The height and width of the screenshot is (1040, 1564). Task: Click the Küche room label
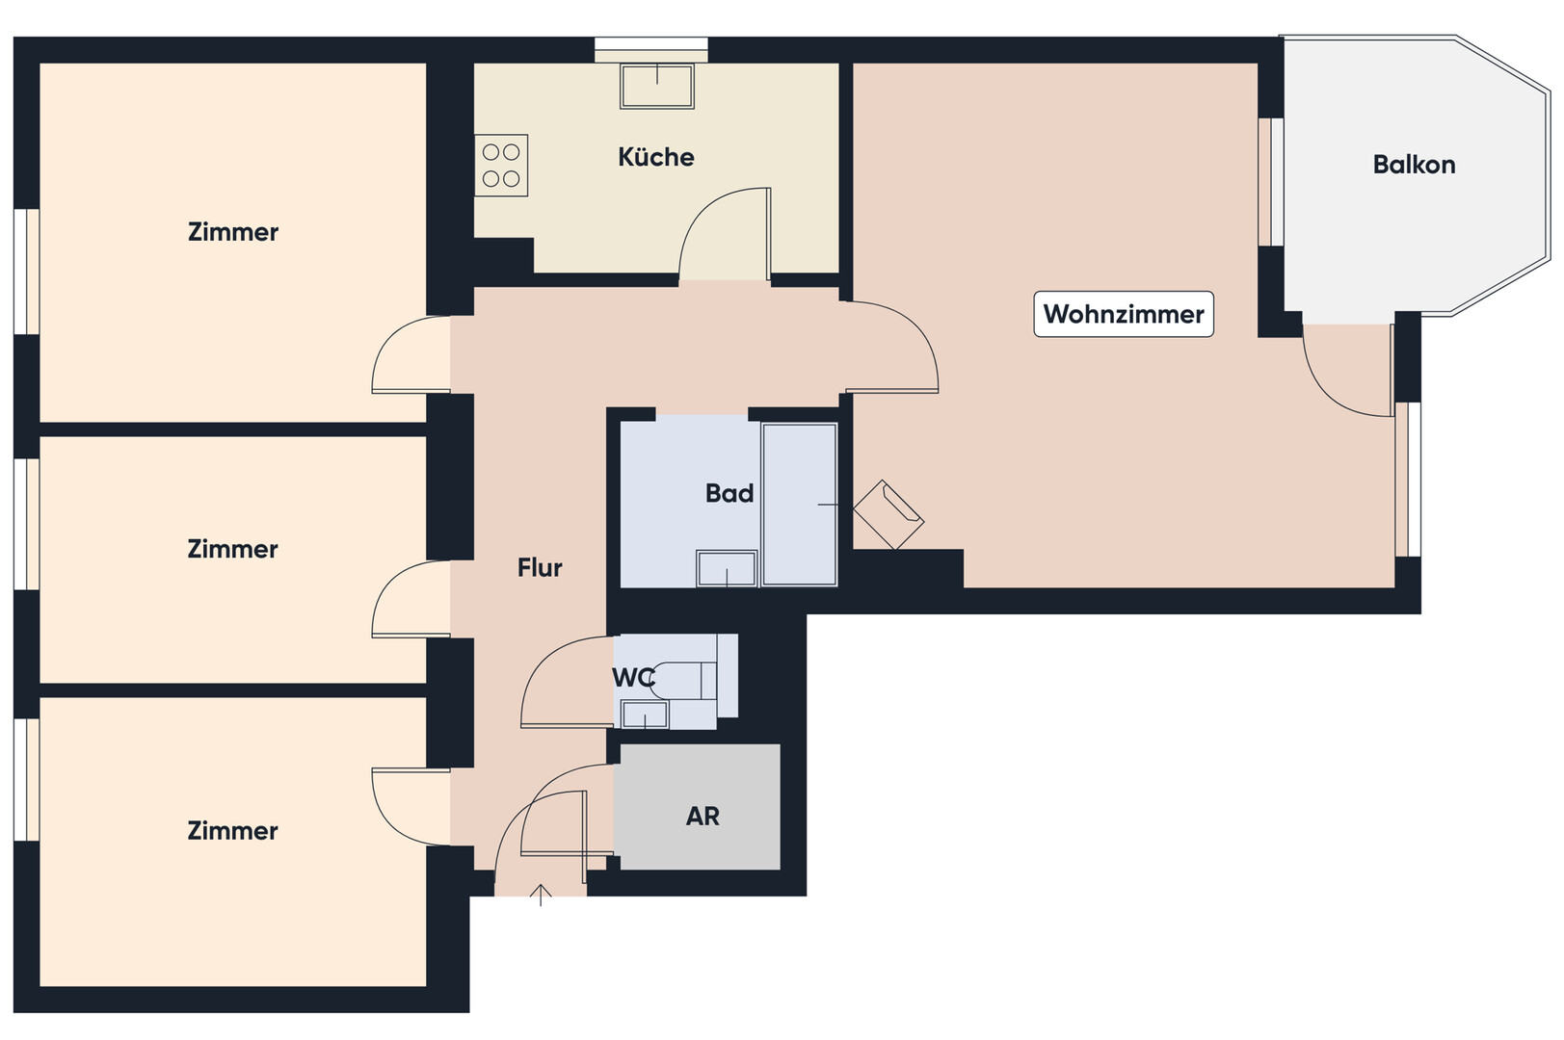point(655,157)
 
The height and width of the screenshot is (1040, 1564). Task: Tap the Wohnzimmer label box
point(1124,314)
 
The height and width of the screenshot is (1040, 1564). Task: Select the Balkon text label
point(1414,165)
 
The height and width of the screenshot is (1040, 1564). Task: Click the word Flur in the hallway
point(540,568)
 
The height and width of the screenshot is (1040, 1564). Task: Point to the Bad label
point(729,493)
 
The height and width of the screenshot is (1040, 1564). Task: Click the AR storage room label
point(702,816)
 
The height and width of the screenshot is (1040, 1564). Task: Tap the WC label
point(633,677)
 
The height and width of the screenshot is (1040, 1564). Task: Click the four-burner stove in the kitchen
point(501,166)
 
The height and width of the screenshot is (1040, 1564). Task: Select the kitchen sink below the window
point(657,86)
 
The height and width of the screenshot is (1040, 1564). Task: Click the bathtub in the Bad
point(800,505)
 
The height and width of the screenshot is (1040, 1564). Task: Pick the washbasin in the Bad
point(727,568)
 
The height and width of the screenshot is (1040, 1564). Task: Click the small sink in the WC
point(645,715)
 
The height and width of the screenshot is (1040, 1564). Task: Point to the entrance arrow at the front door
point(541,895)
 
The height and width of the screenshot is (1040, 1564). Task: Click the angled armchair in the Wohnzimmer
point(888,515)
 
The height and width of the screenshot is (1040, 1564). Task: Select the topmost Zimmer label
point(233,232)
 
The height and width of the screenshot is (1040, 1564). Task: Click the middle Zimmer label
point(232,549)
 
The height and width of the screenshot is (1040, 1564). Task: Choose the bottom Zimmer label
point(232,831)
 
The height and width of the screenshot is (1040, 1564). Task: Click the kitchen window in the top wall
point(651,50)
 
